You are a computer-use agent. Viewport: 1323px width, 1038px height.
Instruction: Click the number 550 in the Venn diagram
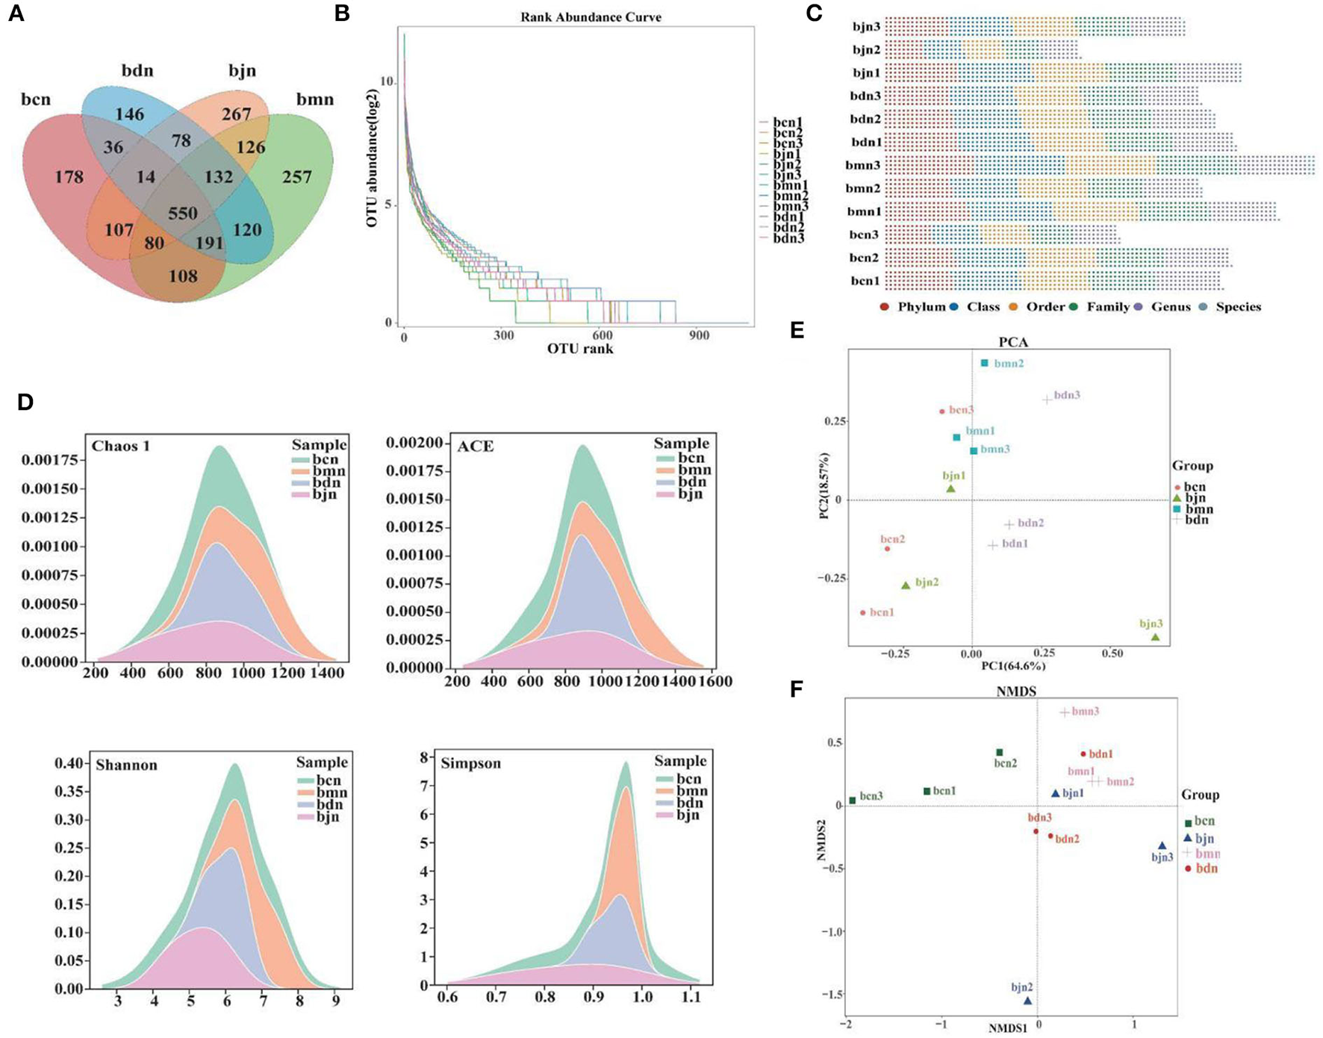(x=182, y=214)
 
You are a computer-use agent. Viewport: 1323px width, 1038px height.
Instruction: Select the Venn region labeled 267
(x=236, y=114)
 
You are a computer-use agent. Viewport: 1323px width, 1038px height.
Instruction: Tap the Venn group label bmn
(x=314, y=99)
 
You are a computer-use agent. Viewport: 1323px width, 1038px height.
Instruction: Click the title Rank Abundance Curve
(x=591, y=16)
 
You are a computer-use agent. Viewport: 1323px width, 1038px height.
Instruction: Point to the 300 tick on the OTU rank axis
(x=503, y=336)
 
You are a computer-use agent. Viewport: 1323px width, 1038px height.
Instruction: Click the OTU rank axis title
(x=580, y=349)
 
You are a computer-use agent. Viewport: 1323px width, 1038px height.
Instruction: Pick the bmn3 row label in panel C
(x=863, y=165)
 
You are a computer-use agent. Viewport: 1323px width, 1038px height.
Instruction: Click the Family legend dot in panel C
(x=1076, y=307)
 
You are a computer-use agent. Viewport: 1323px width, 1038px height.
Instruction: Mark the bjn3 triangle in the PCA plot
(x=1155, y=637)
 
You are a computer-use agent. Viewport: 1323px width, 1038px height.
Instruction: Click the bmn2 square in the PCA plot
(x=985, y=364)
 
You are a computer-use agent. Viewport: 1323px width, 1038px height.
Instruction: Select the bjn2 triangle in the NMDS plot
(x=1027, y=1001)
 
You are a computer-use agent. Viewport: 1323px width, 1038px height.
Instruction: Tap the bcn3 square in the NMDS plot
(x=852, y=801)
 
